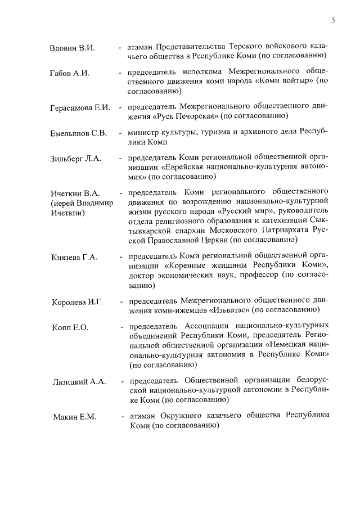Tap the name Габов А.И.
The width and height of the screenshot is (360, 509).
70,73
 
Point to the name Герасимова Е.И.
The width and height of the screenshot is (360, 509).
79,107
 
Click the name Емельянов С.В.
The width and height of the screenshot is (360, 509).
78,133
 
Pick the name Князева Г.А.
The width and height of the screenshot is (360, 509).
74,257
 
